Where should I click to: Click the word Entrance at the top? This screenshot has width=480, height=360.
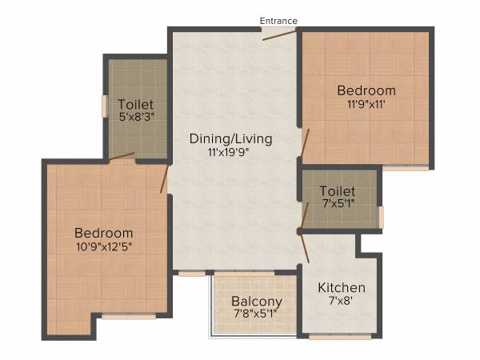click(x=278, y=20)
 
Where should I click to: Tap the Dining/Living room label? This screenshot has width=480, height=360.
click(x=230, y=138)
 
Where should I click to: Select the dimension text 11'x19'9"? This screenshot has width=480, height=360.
click(x=230, y=152)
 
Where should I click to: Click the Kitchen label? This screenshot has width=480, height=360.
click(x=342, y=288)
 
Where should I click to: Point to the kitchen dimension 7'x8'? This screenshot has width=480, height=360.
click(x=342, y=302)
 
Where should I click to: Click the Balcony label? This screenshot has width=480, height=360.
click(x=257, y=302)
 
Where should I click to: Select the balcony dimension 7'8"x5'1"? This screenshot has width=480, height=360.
click(x=257, y=314)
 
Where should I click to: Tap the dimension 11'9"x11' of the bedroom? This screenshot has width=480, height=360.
click(x=366, y=103)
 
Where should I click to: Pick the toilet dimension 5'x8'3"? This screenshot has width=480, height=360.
click(x=136, y=118)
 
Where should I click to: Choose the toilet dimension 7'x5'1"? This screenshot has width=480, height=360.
click(x=337, y=204)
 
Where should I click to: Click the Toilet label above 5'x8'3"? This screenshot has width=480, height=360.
click(x=136, y=104)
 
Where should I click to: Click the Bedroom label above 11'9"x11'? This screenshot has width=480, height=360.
click(x=366, y=90)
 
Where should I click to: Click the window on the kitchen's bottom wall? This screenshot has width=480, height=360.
click(x=339, y=337)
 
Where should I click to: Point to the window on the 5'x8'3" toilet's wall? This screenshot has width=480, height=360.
click(x=104, y=106)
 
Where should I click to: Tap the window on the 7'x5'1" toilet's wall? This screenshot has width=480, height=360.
click(x=381, y=217)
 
